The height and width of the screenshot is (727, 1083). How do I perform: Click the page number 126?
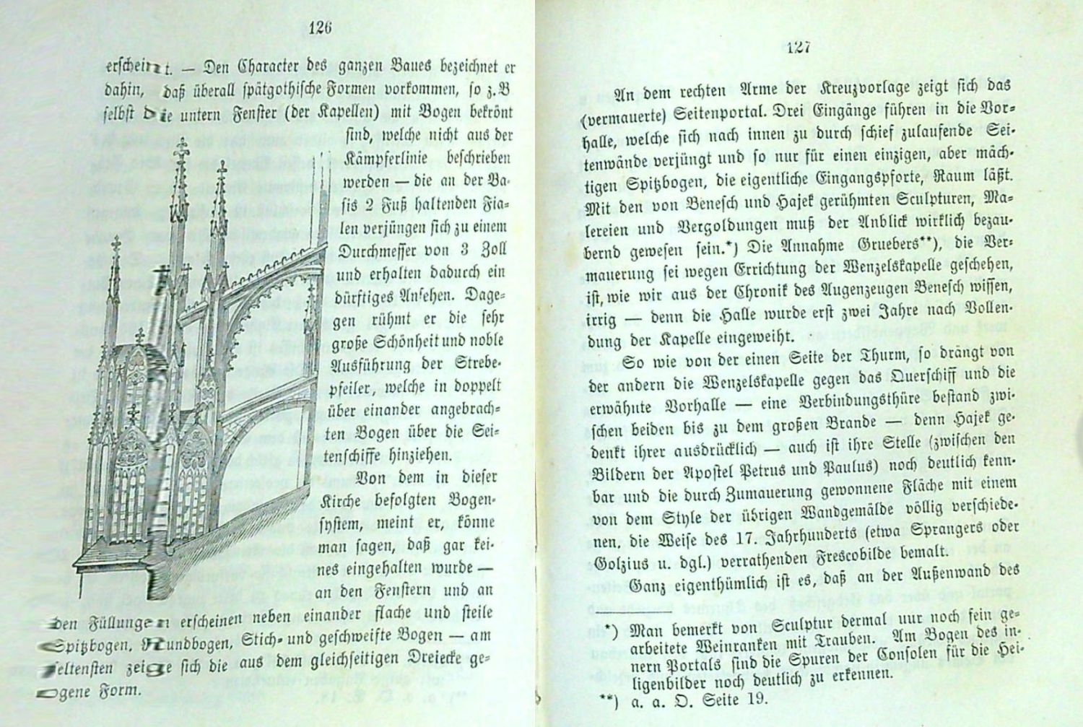point(319,28)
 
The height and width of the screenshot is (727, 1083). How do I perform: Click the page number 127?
point(800,48)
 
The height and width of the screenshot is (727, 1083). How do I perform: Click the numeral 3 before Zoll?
point(466,250)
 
